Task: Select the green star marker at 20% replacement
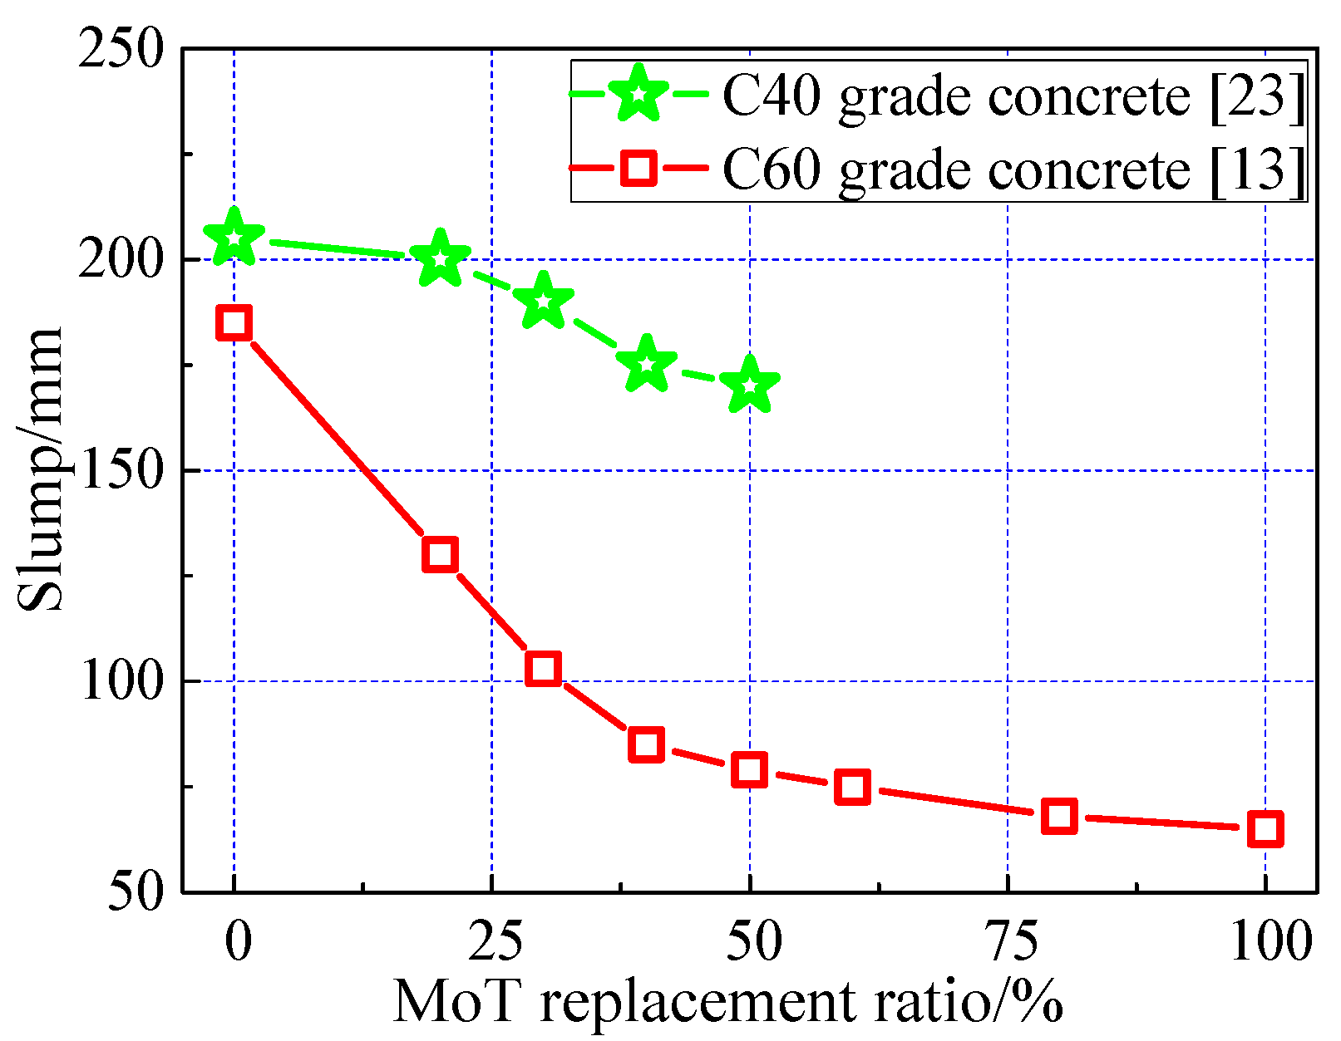440,259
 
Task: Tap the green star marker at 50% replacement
749,385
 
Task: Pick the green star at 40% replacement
646,365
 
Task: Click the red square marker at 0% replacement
234,322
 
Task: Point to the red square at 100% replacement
1265,829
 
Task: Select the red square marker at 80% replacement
1059,817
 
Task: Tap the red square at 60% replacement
853,787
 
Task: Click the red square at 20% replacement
440,554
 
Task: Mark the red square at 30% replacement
543,668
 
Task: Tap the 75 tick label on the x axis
1008,943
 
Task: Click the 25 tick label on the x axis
491,943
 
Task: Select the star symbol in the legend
638,94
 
